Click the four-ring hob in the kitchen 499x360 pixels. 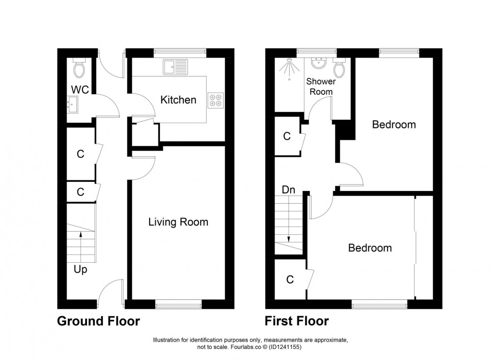215,100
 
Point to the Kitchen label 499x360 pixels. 178,100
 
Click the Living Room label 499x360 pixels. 178,222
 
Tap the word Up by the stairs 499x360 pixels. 80,270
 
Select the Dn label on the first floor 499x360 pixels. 288,189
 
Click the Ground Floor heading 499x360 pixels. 98,321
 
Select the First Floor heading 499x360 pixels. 296,321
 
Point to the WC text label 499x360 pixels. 80,90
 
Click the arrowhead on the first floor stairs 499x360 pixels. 289,238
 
